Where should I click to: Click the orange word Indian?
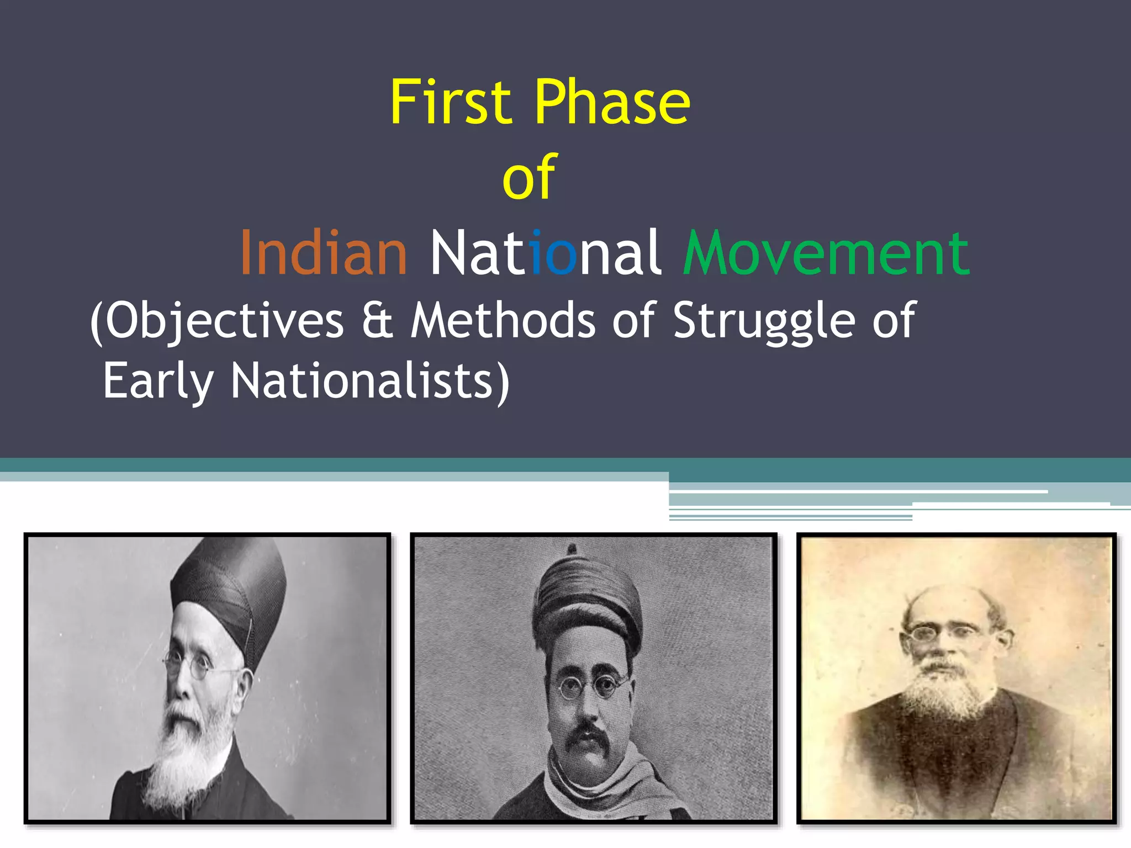coord(324,253)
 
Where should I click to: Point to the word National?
coord(545,253)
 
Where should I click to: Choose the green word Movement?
coord(826,253)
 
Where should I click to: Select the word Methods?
coord(503,320)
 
